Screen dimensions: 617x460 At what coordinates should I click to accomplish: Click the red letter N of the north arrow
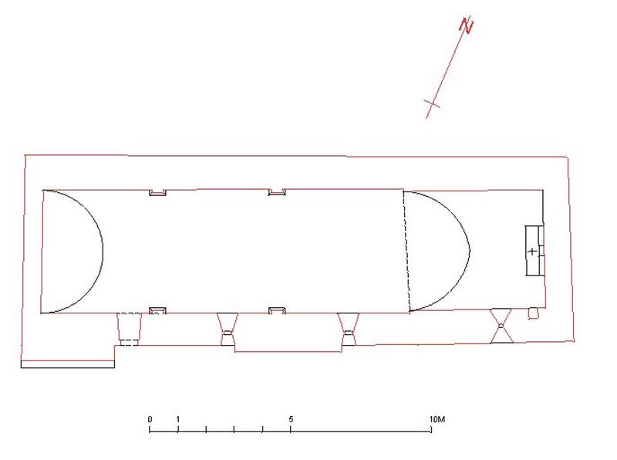pyautogui.click(x=467, y=25)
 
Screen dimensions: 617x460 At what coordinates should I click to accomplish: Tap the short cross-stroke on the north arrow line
pyautogui.click(x=432, y=104)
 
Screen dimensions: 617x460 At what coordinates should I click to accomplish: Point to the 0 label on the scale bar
pyautogui.click(x=150, y=419)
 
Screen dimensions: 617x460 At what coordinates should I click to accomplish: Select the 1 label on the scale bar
pyautogui.click(x=178, y=419)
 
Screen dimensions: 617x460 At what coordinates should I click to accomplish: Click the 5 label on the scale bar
pyautogui.click(x=291, y=419)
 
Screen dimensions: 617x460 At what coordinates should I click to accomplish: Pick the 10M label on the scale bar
pyautogui.click(x=437, y=419)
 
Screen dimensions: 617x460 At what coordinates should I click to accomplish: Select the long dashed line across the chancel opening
pyautogui.click(x=406, y=251)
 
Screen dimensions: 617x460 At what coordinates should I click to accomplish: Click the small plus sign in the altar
pyautogui.click(x=532, y=251)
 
